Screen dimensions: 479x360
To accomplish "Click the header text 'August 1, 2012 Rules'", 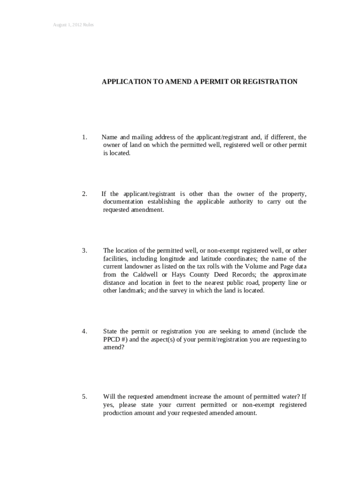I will point(73,24).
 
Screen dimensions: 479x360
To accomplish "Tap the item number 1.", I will point(84,137).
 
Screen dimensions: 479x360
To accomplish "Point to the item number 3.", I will point(84,251).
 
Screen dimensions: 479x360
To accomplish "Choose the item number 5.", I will point(84,397).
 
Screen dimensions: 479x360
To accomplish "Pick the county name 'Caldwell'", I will point(145,275).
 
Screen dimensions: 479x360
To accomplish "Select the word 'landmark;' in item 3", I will point(133,291).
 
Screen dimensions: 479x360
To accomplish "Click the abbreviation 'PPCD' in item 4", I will point(111,340).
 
